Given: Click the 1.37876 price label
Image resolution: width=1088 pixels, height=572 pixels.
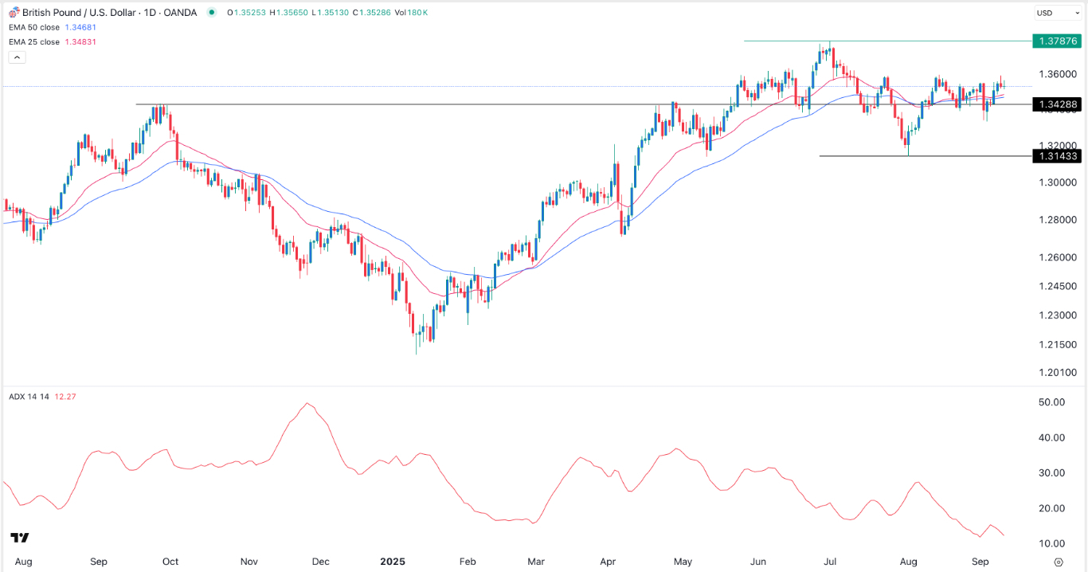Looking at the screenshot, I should point(1055,41).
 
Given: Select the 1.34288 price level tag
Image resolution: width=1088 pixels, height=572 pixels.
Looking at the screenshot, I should point(1055,104).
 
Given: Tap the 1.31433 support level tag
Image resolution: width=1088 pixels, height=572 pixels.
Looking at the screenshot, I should point(1055,156).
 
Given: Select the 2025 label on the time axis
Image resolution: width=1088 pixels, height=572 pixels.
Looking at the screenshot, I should point(393,562).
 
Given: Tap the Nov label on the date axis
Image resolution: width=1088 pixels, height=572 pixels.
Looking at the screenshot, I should point(250,562).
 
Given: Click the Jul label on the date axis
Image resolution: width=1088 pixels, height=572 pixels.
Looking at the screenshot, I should point(831,562).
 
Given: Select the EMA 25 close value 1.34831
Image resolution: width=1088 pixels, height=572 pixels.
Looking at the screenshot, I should point(82,41).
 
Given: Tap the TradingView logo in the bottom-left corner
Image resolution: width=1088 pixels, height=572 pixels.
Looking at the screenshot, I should point(20,538).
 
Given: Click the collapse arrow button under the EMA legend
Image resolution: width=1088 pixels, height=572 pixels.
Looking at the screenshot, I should point(18,57).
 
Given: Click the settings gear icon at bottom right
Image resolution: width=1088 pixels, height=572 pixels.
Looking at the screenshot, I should point(1058,562).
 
